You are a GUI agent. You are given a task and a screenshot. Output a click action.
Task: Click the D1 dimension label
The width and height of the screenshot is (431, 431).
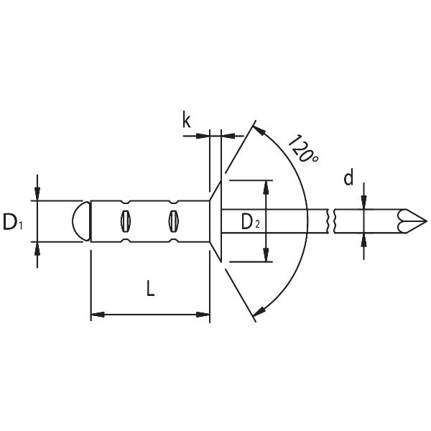pos(13,222)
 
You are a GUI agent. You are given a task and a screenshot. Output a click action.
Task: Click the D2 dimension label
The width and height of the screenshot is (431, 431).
pos(251,222)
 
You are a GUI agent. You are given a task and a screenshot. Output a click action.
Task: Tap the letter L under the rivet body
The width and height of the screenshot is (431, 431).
pos(150,288)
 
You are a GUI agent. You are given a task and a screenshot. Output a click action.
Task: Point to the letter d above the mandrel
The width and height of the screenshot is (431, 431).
pos(348,178)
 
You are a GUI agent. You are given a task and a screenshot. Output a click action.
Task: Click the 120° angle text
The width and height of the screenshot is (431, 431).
pos(303,149)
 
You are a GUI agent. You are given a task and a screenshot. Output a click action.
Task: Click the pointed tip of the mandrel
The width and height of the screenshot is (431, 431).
pos(427,221)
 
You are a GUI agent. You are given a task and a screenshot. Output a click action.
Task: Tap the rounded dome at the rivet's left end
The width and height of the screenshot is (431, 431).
pos(81,221)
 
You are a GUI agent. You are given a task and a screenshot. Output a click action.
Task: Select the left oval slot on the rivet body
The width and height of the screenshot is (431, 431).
pos(126,221)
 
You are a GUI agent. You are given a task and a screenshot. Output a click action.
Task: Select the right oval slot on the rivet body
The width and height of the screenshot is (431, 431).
pos(173,221)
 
